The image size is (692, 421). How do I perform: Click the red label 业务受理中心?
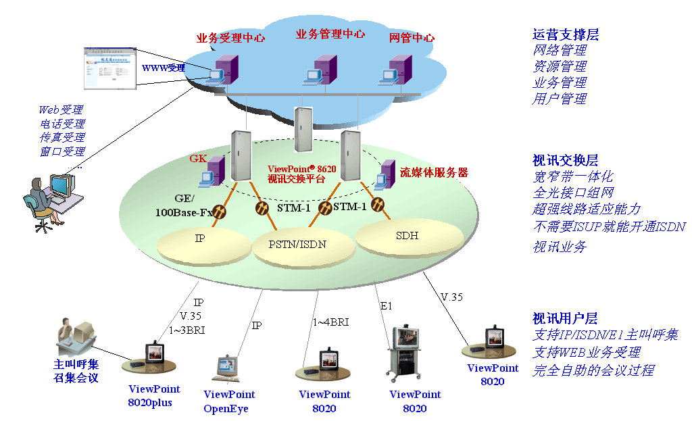pyautogui.click(x=230, y=39)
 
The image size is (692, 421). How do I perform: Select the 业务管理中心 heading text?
pyautogui.click(x=330, y=34)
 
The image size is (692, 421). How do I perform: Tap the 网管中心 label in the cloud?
pyautogui.click(x=412, y=38)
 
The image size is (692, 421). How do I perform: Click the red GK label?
pyautogui.click(x=198, y=160)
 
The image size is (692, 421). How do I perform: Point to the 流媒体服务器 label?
pyautogui.click(x=434, y=172)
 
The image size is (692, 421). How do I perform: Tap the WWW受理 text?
pyautogui.click(x=163, y=68)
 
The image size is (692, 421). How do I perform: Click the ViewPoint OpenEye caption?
pyautogui.click(x=229, y=401)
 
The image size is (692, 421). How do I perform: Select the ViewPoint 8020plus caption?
pyautogui.click(x=154, y=396)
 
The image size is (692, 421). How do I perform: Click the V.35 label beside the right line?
pyautogui.click(x=451, y=297)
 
